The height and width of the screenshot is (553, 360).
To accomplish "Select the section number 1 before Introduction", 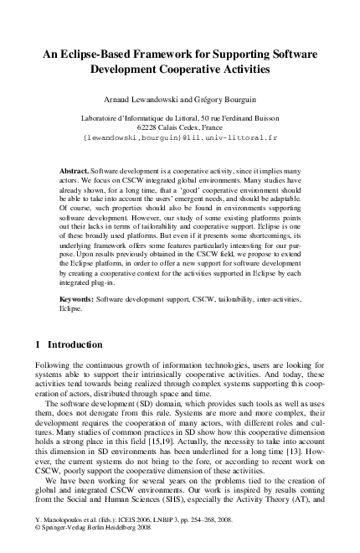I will tap(38, 344).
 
